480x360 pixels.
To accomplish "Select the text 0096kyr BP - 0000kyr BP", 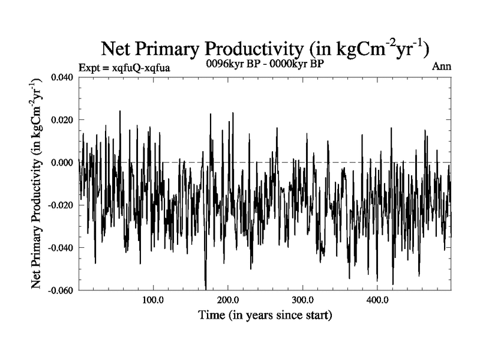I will (265, 64).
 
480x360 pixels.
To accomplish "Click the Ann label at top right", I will (442, 67).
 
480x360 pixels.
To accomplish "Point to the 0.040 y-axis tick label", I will (62, 77).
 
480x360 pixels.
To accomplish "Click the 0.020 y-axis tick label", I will (62, 120).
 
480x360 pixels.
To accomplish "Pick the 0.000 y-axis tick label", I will (62, 163).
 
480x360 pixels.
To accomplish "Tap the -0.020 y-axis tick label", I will (61, 205).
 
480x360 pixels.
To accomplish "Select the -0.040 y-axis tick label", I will (61, 248).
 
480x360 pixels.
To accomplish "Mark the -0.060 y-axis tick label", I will (61, 290).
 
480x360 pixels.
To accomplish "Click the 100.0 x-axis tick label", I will (153, 300).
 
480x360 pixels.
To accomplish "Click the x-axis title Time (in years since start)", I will (265, 314).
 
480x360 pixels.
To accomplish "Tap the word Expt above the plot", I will (90, 68).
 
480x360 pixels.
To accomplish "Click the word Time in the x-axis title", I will (211, 314).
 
